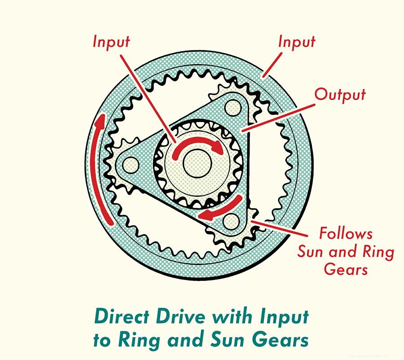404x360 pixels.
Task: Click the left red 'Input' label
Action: (x=111, y=42)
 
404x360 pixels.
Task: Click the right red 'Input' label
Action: (x=297, y=42)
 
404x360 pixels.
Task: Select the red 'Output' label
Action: (x=340, y=95)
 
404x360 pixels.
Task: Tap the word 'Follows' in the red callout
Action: (x=346, y=234)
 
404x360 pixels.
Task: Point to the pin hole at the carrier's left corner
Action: (x=131, y=162)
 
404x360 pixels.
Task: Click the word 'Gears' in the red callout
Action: (x=346, y=270)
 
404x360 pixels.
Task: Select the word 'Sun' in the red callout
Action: (x=312, y=252)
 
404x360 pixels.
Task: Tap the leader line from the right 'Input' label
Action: (x=273, y=63)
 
